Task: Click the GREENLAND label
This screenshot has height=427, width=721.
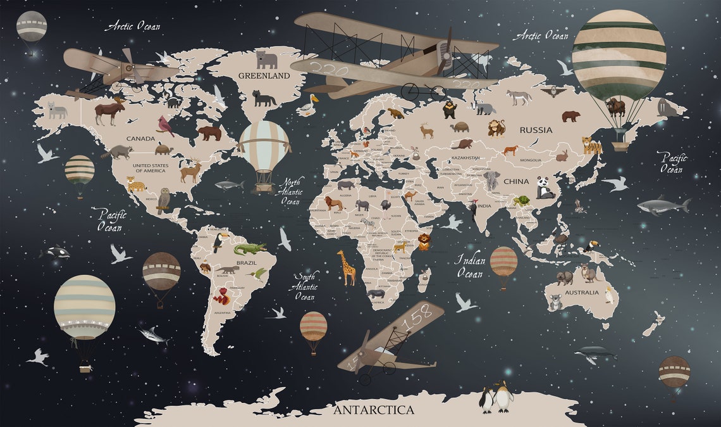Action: pyautogui.click(x=264, y=75)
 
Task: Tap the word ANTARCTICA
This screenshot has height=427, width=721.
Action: pyautogui.click(x=374, y=410)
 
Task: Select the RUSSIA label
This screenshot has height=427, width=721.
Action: pyautogui.click(x=536, y=130)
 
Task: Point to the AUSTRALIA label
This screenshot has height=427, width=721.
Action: pyautogui.click(x=581, y=293)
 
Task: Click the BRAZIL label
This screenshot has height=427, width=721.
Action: pyautogui.click(x=246, y=262)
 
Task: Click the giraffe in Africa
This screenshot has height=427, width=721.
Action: pyautogui.click(x=347, y=267)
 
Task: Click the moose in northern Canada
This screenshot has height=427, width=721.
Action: pyautogui.click(x=109, y=112)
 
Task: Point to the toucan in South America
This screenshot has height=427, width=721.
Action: pyautogui.click(x=221, y=241)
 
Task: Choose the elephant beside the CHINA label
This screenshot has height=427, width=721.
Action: pyautogui.click(x=492, y=181)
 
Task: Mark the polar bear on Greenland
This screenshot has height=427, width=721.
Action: pyautogui.click(x=266, y=60)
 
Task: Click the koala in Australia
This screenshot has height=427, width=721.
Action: pyautogui.click(x=555, y=302)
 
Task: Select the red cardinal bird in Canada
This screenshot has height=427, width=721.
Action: pyautogui.click(x=167, y=126)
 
